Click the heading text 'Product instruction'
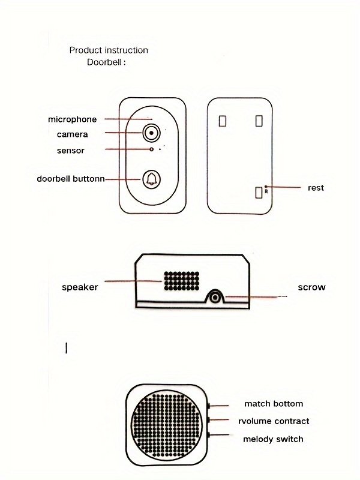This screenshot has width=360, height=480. [x=109, y=50]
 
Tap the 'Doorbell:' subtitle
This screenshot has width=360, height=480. [x=106, y=61]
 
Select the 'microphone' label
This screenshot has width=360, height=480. [x=72, y=119]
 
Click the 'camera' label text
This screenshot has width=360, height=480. [x=73, y=134]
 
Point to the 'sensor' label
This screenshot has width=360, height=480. [x=71, y=150]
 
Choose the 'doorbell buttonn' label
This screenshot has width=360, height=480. [x=71, y=178]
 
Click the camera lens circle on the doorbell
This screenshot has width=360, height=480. [x=152, y=133]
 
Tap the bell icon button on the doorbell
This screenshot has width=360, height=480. [x=152, y=179]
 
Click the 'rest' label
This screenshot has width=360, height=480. [x=316, y=188]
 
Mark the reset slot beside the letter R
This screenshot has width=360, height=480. [x=259, y=192]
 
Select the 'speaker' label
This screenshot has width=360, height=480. [x=80, y=287]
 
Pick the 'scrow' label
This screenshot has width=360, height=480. [x=312, y=287]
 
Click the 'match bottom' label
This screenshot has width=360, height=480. [x=274, y=404]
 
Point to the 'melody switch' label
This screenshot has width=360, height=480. [x=273, y=439]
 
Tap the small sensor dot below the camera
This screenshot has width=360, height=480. [x=152, y=149]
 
